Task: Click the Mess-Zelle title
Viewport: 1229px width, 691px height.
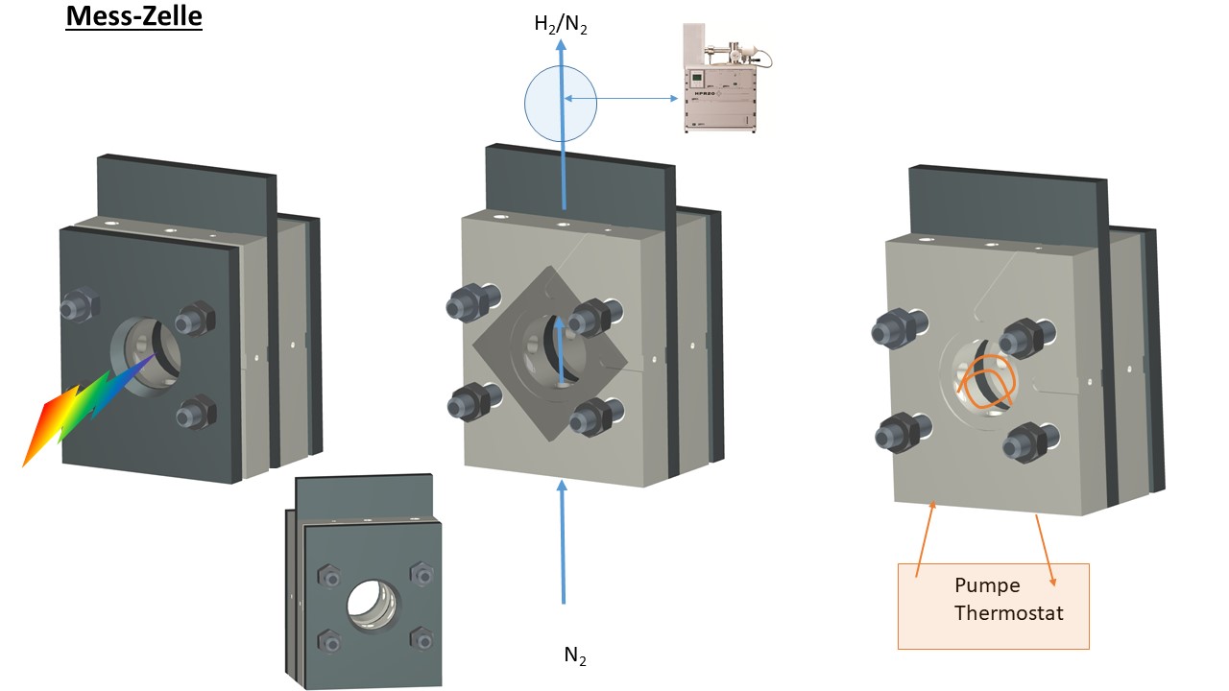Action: point(133,17)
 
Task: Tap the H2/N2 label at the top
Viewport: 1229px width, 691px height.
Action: point(561,24)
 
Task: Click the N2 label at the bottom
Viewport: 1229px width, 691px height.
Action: point(574,656)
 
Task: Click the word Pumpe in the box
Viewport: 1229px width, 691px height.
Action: point(987,585)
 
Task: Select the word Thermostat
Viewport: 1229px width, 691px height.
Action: point(1008,612)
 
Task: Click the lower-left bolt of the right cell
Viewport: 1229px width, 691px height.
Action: point(898,434)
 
